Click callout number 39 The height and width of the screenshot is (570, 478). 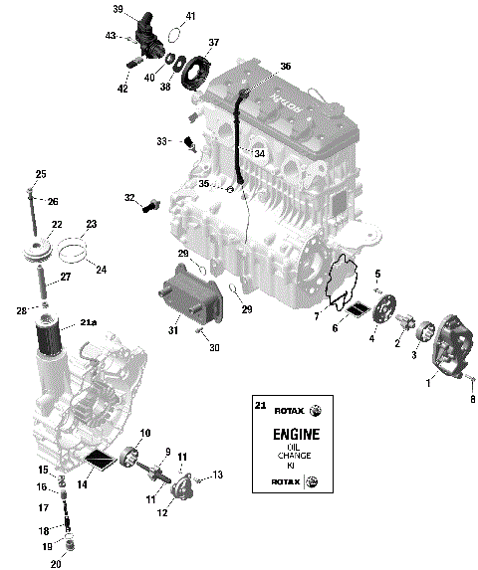pyautogui.click(x=118, y=10)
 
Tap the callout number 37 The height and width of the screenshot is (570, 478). pyautogui.click(x=212, y=43)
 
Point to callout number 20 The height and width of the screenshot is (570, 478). pyautogui.click(x=56, y=564)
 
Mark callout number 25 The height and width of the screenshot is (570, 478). pyautogui.click(x=41, y=174)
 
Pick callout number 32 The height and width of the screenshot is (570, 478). pyautogui.click(x=129, y=198)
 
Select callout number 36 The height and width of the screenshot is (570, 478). pyautogui.click(x=285, y=67)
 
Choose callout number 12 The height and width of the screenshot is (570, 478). pyautogui.click(x=161, y=512)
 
